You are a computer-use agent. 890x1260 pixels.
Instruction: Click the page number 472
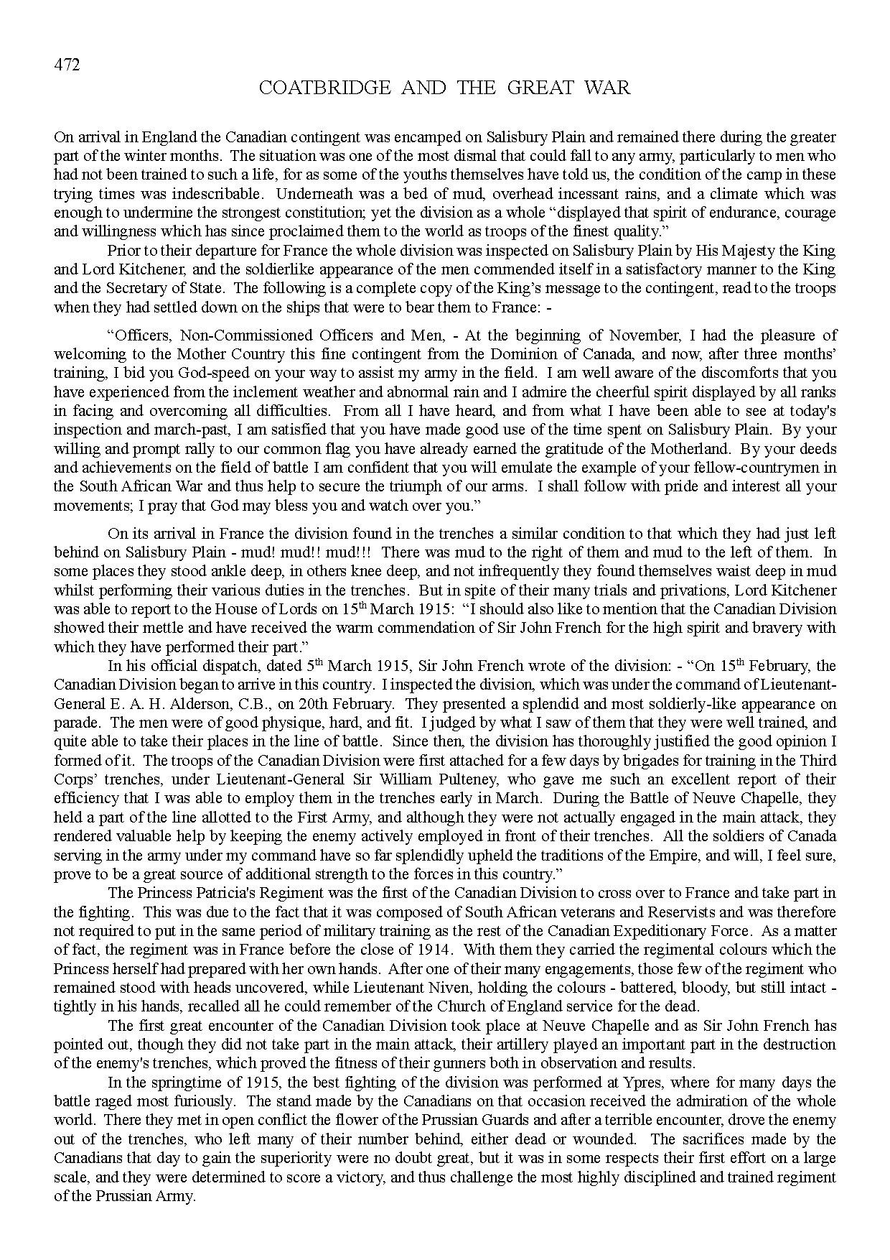point(67,65)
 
